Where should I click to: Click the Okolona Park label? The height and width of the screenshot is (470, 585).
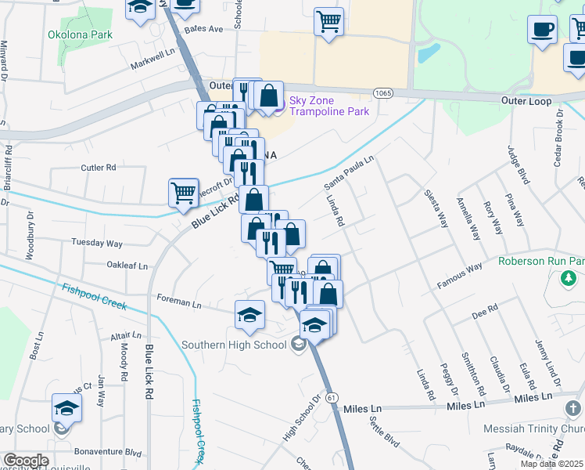coord(80,34)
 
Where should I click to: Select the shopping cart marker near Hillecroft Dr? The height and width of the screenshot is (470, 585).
coord(183,193)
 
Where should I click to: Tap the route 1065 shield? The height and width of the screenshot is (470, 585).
coord(382,92)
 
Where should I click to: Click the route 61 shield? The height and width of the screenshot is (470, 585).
coord(332,398)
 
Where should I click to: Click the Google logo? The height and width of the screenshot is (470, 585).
coord(26,461)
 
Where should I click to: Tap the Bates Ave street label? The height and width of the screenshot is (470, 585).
coord(203,28)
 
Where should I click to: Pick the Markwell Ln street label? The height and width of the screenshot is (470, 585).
coord(153,58)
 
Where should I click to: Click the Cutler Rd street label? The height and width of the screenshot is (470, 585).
coord(99,168)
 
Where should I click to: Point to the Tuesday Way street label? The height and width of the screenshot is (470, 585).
coord(97,243)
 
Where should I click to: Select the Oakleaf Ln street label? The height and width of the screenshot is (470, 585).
coord(127,266)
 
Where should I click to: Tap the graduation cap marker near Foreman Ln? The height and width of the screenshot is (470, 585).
coord(249,315)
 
